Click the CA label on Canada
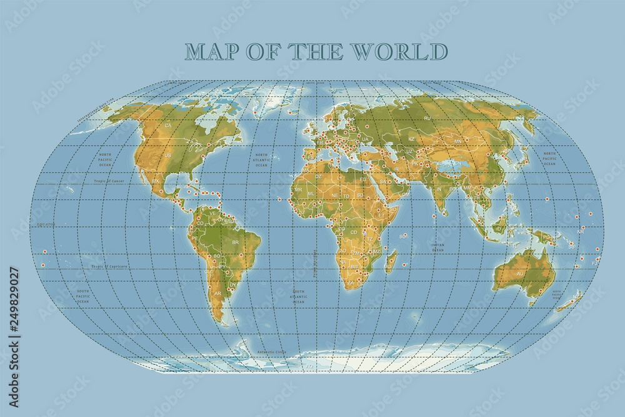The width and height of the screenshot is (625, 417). click(167, 126)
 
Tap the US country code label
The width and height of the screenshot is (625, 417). click(167, 155)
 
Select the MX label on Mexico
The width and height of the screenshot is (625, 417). click(156, 181)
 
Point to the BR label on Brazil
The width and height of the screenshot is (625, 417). click(236, 242)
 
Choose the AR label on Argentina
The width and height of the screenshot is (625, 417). click(217, 293)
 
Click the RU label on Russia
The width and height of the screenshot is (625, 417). click(427, 118)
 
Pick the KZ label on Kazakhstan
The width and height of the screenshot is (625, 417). click(411, 139)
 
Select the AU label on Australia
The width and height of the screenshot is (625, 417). click(520, 274)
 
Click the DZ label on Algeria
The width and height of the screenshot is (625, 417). click(318, 176)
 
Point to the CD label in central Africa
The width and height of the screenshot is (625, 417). click(353, 232)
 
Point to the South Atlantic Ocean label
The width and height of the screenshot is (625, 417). click(299, 296)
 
